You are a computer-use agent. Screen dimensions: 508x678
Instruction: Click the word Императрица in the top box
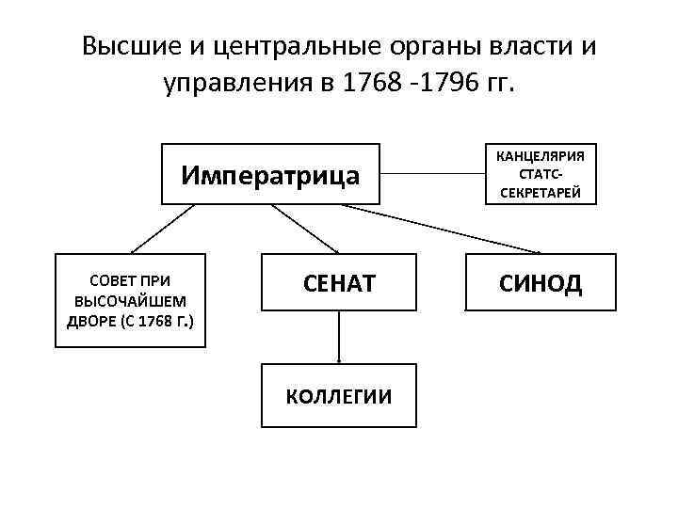(x=270, y=175)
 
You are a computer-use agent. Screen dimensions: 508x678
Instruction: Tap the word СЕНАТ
(x=339, y=281)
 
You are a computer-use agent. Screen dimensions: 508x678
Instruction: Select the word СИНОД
(x=541, y=281)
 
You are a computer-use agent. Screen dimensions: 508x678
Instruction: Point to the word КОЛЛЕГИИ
(x=339, y=396)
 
